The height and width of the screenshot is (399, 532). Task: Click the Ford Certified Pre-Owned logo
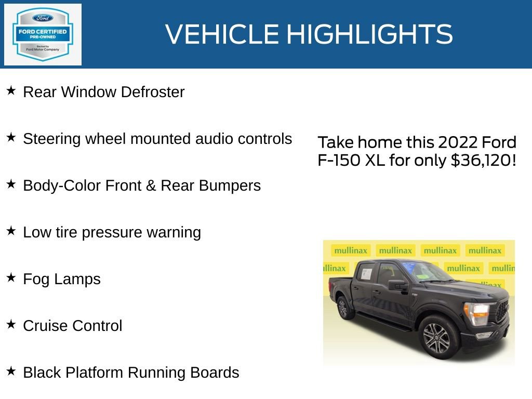pos(43,35)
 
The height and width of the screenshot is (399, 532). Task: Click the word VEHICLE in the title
pos(222,34)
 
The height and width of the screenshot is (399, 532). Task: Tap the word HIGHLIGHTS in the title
pos(369,34)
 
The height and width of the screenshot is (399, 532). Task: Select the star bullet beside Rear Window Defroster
pos(11,91)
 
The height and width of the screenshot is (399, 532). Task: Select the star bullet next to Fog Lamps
pos(11,278)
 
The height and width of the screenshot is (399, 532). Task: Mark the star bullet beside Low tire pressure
pos(11,231)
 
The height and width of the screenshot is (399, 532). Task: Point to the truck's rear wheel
pos(343,307)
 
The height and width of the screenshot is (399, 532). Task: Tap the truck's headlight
pos(477,312)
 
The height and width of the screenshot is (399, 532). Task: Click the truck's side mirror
pos(397,285)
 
